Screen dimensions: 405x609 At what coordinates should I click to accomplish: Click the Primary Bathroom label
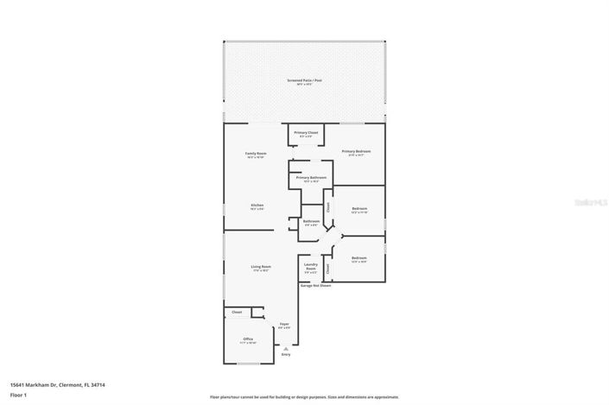pos(311,179)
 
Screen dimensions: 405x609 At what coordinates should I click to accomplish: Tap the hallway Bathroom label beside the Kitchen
pos(311,223)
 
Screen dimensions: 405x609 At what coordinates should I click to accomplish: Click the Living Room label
pos(260,269)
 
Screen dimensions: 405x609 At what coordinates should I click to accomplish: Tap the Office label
pos(247,339)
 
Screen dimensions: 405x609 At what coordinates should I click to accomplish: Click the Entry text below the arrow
pos(286,354)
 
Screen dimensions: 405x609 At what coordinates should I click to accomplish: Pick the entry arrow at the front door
pos(286,347)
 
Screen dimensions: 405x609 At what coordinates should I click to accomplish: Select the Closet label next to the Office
pos(237,312)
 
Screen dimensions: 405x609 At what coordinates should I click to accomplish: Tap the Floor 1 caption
pos(19,395)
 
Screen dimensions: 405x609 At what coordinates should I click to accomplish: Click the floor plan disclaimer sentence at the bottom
pos(304,397)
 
